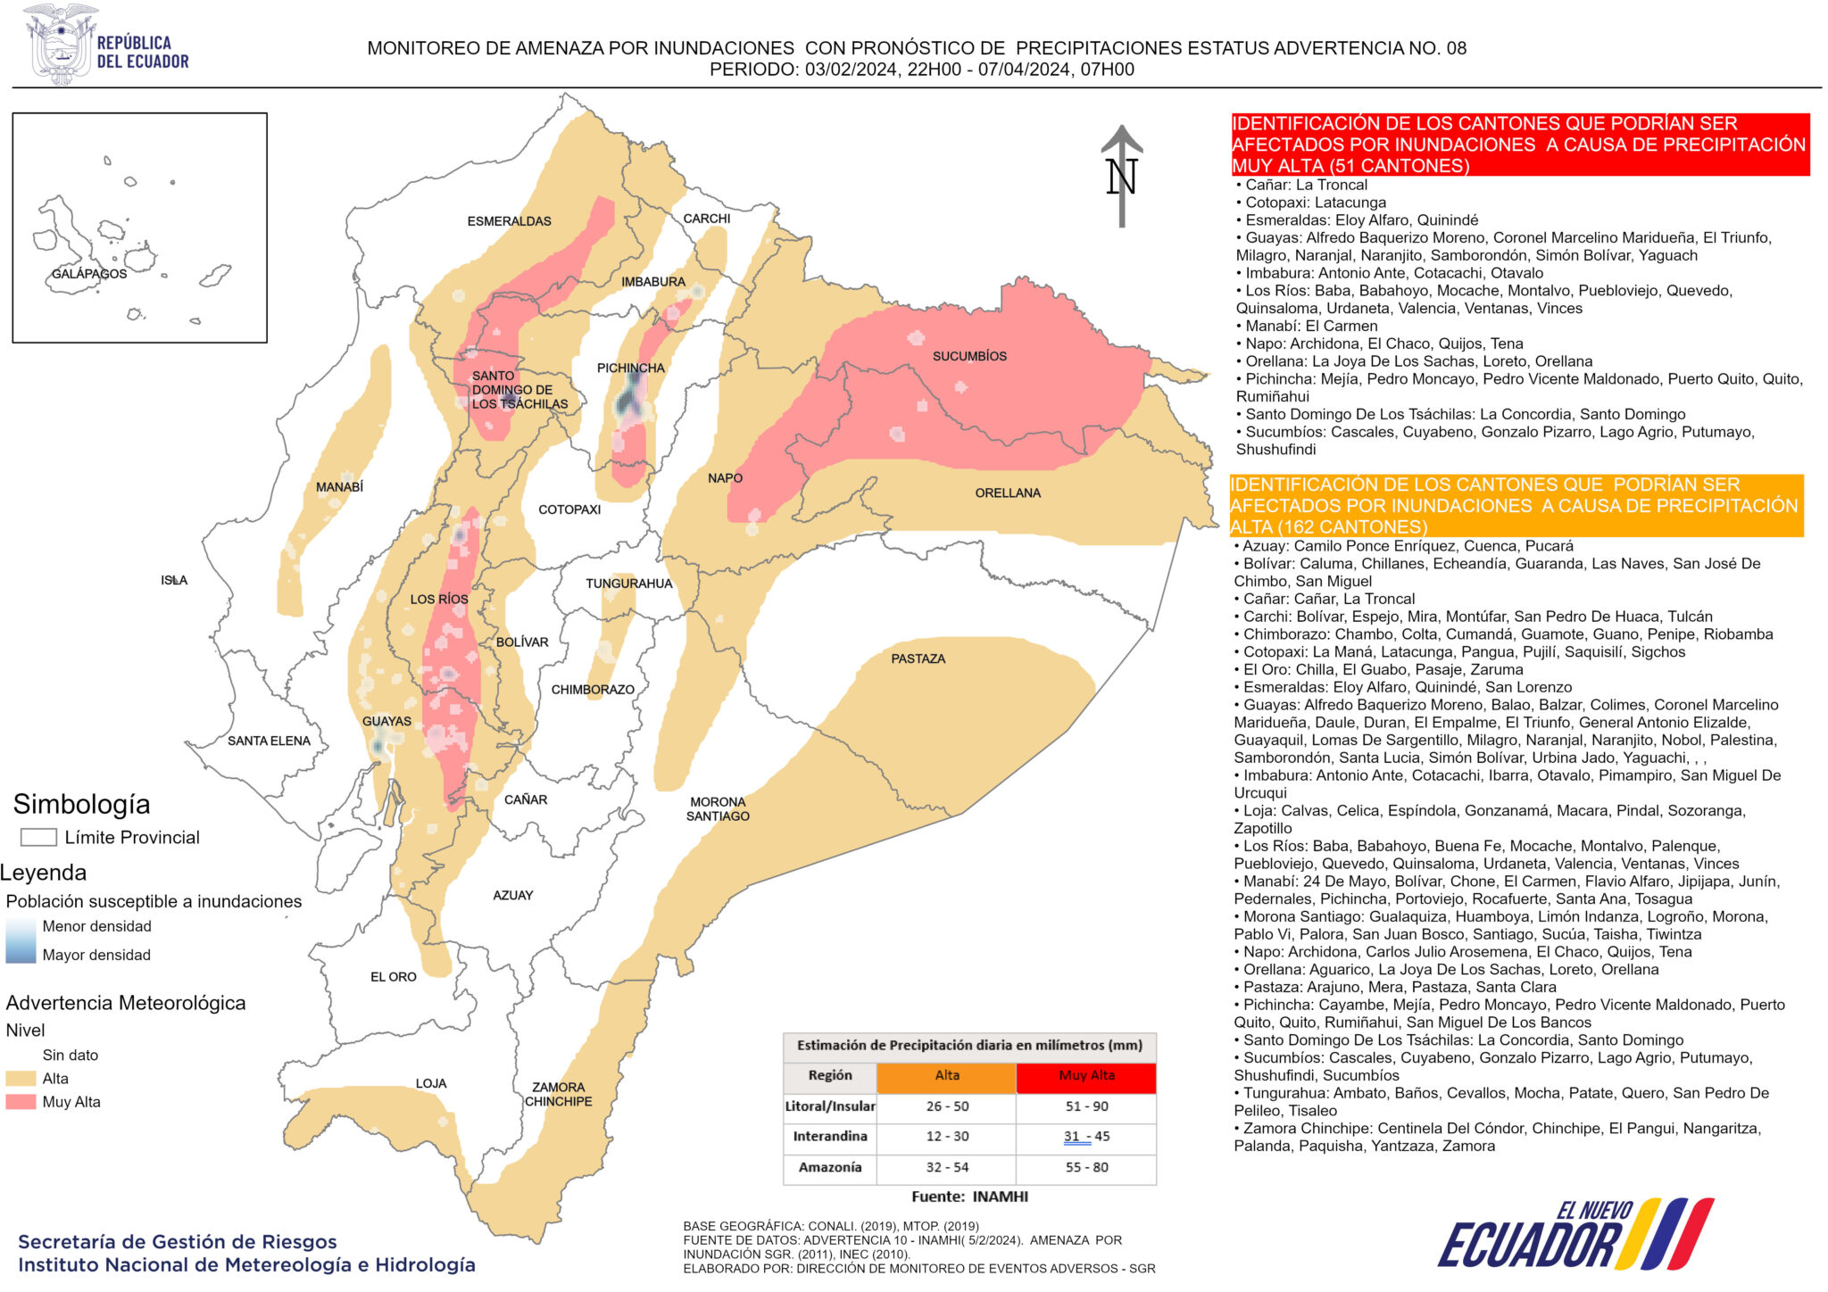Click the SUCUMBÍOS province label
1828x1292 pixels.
[969, 356]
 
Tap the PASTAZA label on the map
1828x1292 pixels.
[918, 658]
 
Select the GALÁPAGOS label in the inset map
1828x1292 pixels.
[88, 274]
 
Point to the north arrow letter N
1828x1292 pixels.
[1121, 178]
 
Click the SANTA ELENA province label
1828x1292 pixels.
[269, 741]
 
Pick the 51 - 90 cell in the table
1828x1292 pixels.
[1086, 1106]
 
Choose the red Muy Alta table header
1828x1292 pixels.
[1086, 1076]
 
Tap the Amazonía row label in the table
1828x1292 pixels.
[829, 1167]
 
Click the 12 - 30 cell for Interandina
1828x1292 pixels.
[947, 1137]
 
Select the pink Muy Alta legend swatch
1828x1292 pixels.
[21, 1102]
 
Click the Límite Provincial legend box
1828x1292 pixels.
[38, 837]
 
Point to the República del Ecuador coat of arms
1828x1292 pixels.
[60, 45]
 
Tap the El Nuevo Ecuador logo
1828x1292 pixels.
[1575, 1235]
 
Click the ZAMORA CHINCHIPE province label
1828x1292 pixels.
[558, 1094]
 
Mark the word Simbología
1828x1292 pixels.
[81, 804]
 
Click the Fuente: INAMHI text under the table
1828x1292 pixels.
[969, 1197]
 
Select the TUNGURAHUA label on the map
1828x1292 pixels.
[628, 584]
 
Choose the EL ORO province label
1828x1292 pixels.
[393, 977]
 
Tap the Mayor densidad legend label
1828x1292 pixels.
[96, 955]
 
